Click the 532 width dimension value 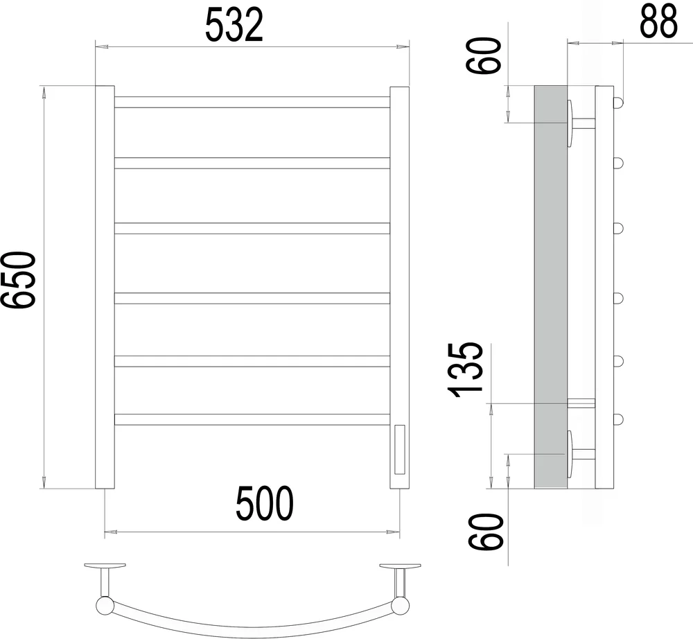click(x=234, y=25)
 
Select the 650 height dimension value click(x=18, y=280)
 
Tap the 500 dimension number click(x=264, y=504)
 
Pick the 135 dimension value click(x=464, y=369)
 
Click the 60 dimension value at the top click(x=484, y=55)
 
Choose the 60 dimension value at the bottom click(x=485, y=532)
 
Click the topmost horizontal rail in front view click(x=252, y=102)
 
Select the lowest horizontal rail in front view click(x=252, y=419)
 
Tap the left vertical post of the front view click(x=105, y=287)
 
